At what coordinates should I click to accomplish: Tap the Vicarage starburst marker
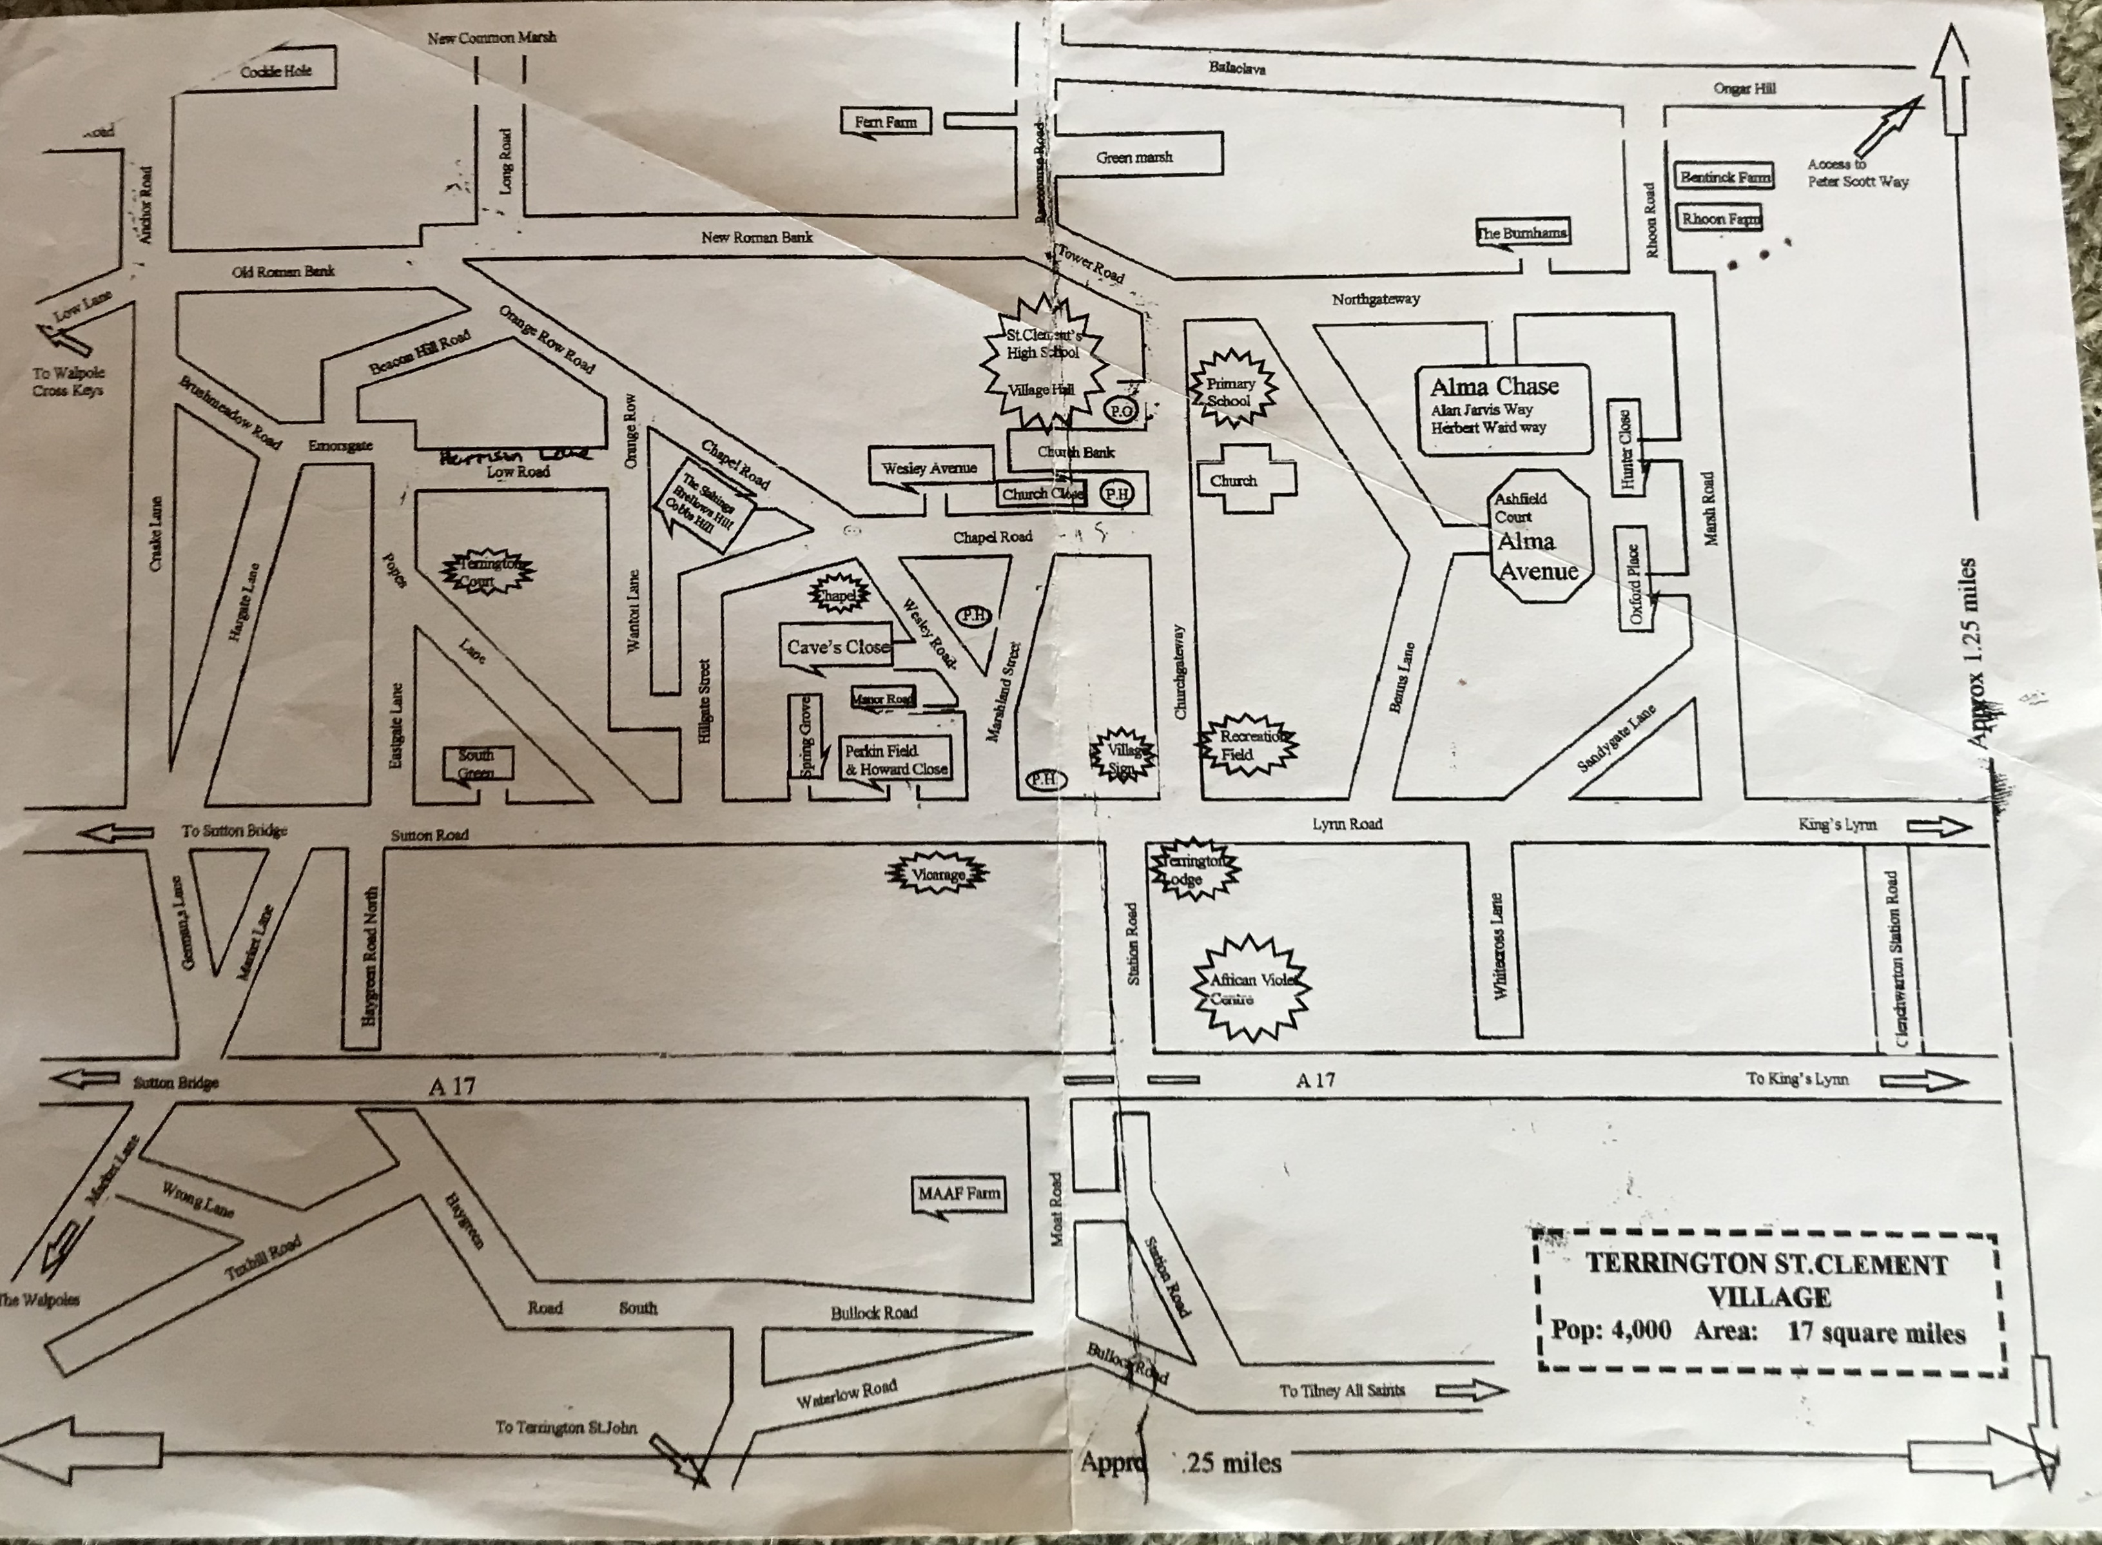(x=937, y=875)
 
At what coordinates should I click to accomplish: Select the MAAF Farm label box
(x=959, y=1194)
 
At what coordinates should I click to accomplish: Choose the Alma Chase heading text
(x=1494, y=385)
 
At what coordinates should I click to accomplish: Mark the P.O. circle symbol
(x=1120, y=410)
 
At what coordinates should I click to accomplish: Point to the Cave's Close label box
(x=837, y=646)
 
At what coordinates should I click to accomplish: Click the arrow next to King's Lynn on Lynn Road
(x=1938, y=826)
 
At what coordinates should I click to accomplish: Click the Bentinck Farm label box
(x=1724, y=177)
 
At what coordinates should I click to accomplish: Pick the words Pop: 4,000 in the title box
(x=1610, y=1330)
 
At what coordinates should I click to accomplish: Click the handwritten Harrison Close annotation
(x=514, y=456)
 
